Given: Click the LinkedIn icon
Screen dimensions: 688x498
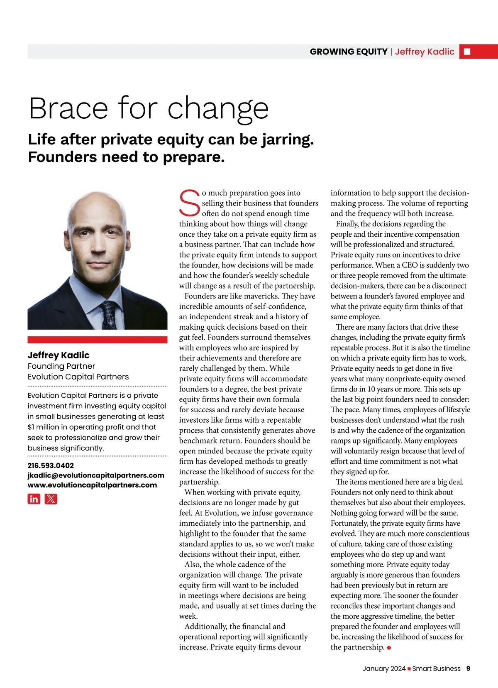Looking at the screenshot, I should point(34,499).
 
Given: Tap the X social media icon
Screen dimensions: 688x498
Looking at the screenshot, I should point(51,499).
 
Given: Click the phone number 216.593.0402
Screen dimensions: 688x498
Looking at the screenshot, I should point(51,465).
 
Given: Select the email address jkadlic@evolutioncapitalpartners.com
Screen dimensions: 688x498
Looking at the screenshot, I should point(96,475).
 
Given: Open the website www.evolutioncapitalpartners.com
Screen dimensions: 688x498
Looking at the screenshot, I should point(92,485).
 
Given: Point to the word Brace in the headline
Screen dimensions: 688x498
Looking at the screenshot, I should point(68,108).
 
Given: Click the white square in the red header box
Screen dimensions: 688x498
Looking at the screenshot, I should point(467,51).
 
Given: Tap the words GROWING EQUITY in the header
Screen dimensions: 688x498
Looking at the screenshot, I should point(348,51).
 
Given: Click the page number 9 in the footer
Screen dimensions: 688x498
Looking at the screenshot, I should point(468,668).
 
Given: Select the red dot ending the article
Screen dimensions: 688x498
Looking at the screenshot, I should point(389,648).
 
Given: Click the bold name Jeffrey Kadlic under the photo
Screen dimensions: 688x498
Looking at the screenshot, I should point(59,355).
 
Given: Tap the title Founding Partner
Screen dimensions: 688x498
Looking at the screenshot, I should point(61,366).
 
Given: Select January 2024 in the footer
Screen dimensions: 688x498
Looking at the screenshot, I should point(384,668).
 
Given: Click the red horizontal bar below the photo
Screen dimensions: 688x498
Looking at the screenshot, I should point(98,340).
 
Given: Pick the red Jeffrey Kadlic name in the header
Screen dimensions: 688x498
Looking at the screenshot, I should point(425,51).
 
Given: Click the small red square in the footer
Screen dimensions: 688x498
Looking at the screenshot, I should point(409,669).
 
